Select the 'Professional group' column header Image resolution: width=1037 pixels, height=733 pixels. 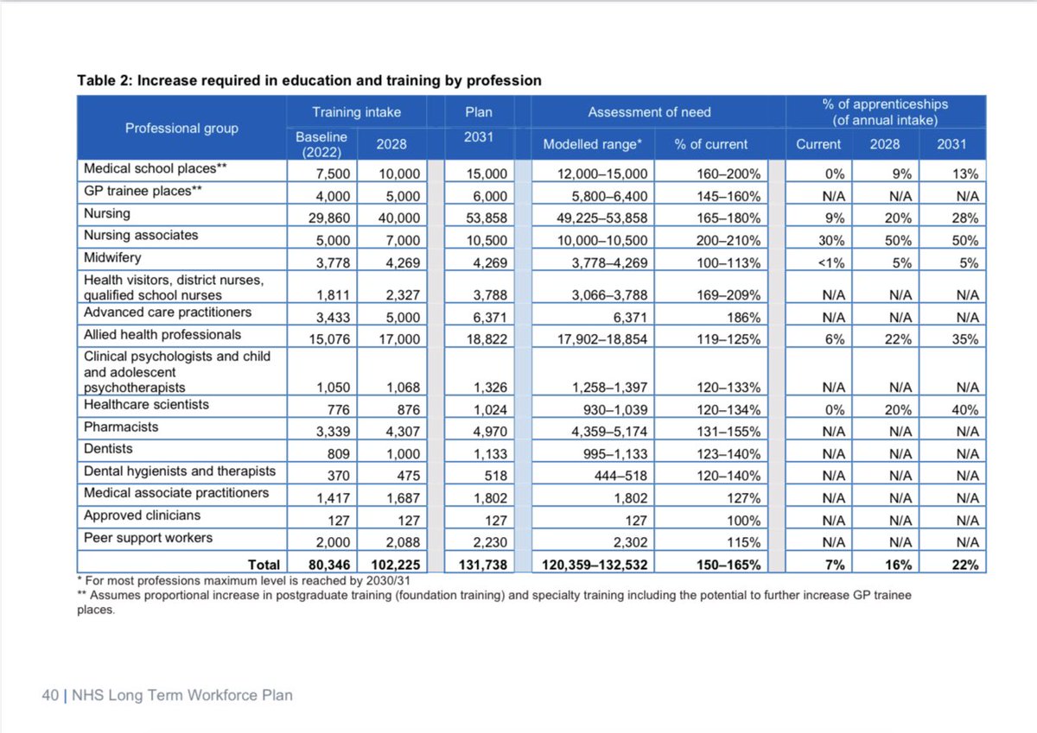click(x=181, y=128)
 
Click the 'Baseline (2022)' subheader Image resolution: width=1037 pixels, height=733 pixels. click(x=321, y=144)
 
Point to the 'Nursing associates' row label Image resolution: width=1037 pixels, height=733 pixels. click(x=141, y=235)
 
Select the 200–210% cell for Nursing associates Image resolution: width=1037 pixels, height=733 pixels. click(x=728, y=241)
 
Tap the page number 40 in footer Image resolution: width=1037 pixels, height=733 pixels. click(x=50, y=694)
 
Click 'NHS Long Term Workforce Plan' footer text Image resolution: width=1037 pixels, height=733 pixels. click(x=182, y=694)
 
